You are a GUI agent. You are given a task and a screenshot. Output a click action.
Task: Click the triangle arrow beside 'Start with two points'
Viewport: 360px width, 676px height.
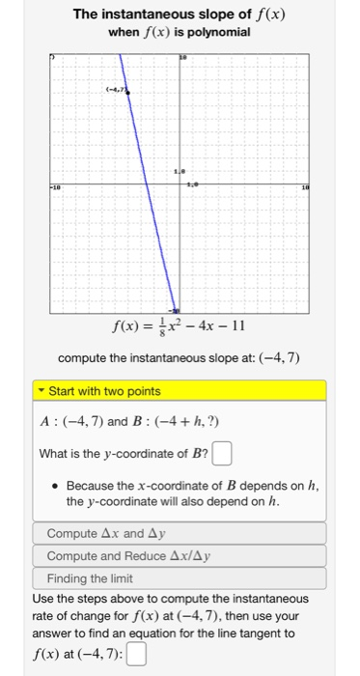tap(42, 391)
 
